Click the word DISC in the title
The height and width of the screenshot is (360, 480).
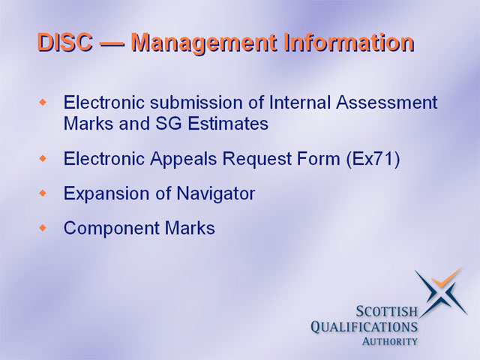pyautogui.click(x=65, y=42)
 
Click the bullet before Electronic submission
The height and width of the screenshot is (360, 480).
pyautogui.click(x=43, y=102)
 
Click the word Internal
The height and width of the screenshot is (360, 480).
pyautogui.click(x=300, y=102)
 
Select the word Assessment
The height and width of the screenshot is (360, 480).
pyautogui.click(x=387, y=102)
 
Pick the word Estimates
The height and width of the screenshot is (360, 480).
pyautogui.click(x=228, y=124)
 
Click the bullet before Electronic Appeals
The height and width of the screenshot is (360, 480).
pyautogui.click(x=43, y=158)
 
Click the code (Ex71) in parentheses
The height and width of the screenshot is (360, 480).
pyautogui.click(x=373, y=159)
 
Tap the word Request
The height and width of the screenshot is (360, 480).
pyautogui.click(x=256, y=160)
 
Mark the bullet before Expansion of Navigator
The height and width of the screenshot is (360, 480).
pyautogui.click(x=43, y=193)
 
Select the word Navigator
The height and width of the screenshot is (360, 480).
pyautogui.click(x=215, y=194)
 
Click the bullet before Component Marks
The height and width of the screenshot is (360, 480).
pyautogui.click(x=43, y=228)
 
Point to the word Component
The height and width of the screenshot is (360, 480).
pyautogui.click(x=112, y=229)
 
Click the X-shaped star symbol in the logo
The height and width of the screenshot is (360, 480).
pyautogui.click(x=442, y=293)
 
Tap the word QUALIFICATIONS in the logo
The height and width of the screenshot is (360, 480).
pyautogui.click(x=364, y=327)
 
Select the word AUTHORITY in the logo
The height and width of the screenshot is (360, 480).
pyautogui.click(x=390, y=341)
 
